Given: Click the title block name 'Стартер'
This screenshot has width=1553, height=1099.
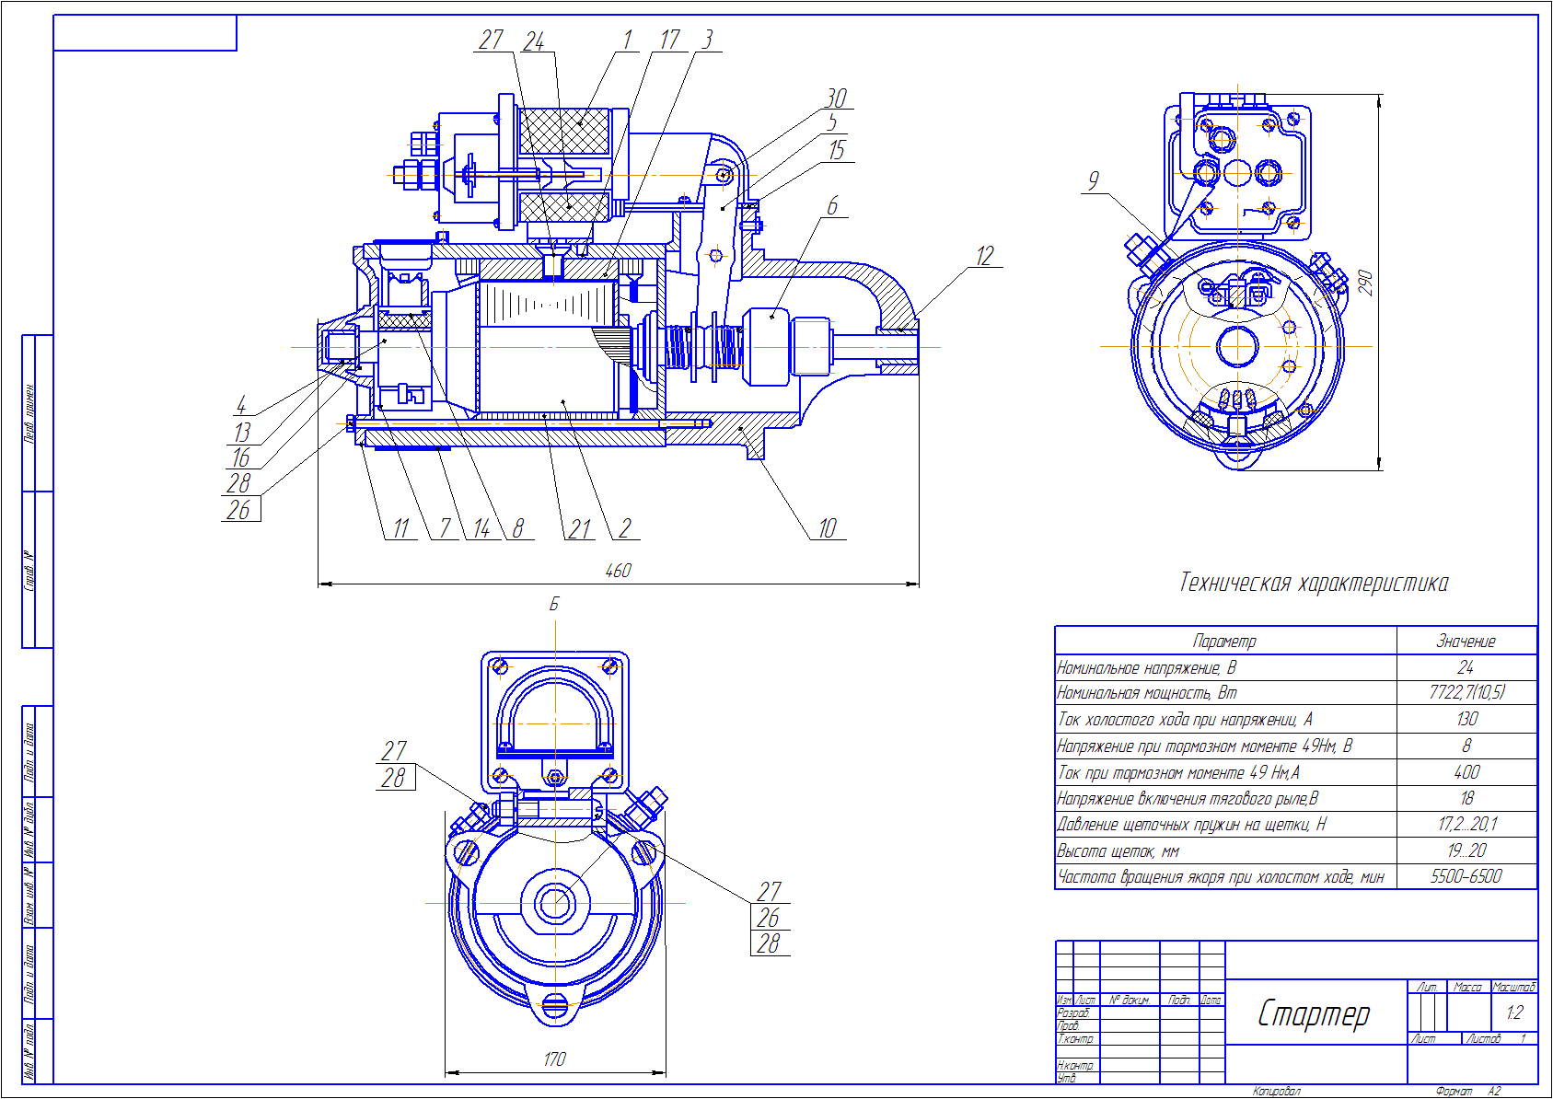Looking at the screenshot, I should click(1314, 1013).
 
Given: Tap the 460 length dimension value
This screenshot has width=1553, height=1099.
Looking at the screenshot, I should click(618, 571).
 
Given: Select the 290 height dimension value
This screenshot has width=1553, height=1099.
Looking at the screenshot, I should click(1365, 282).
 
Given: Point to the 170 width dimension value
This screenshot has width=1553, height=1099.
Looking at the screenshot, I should click(554, 1059).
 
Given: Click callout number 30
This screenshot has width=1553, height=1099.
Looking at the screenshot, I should click(836, 98).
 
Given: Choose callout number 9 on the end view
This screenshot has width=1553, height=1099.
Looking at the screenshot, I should click(1093, 180).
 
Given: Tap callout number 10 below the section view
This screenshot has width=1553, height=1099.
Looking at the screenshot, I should click(828, 528).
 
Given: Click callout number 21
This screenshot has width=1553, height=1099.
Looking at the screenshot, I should click(579, 529).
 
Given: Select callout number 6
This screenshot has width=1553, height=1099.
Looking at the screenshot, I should click(832, 206).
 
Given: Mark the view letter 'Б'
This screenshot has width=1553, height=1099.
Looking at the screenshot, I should click(554, 605).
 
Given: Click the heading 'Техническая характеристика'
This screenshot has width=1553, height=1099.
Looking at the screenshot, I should click(1314, 583).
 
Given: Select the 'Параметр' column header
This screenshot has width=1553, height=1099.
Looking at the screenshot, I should click(1223, 641).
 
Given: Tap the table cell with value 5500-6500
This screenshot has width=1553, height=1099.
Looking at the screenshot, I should click(1466, 876).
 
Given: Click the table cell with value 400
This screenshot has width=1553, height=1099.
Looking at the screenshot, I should click(1466, 772).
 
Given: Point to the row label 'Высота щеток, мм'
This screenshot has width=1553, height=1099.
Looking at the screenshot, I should click(1118, 850).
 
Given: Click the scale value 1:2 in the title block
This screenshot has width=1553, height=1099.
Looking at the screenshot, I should click(1514, 1013).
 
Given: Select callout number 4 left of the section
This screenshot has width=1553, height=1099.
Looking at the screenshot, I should click(241, 405).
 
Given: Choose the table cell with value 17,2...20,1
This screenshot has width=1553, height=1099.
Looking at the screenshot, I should click(1467, 824).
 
